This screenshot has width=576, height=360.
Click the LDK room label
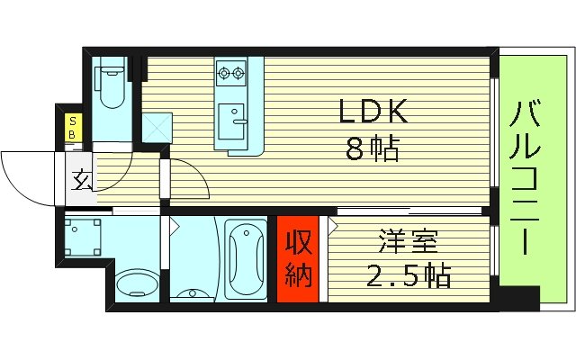pyautogui.click(x=373, y=112)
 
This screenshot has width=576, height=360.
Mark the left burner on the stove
pyautogui.click(x=224, y=72)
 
